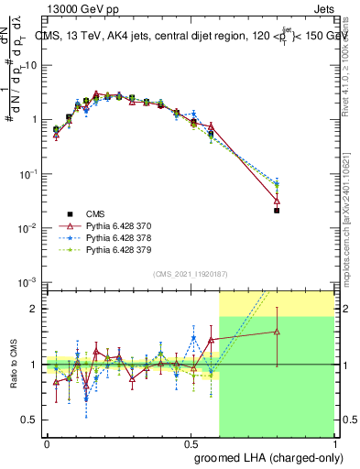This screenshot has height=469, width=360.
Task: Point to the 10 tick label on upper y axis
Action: pyautogui.click(x=31, y=66)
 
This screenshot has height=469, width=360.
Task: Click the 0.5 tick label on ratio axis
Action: pyautogui.click(x=33, y=420)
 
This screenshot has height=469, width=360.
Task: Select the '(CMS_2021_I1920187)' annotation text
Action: pyautogui.click(x=189, y=274)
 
